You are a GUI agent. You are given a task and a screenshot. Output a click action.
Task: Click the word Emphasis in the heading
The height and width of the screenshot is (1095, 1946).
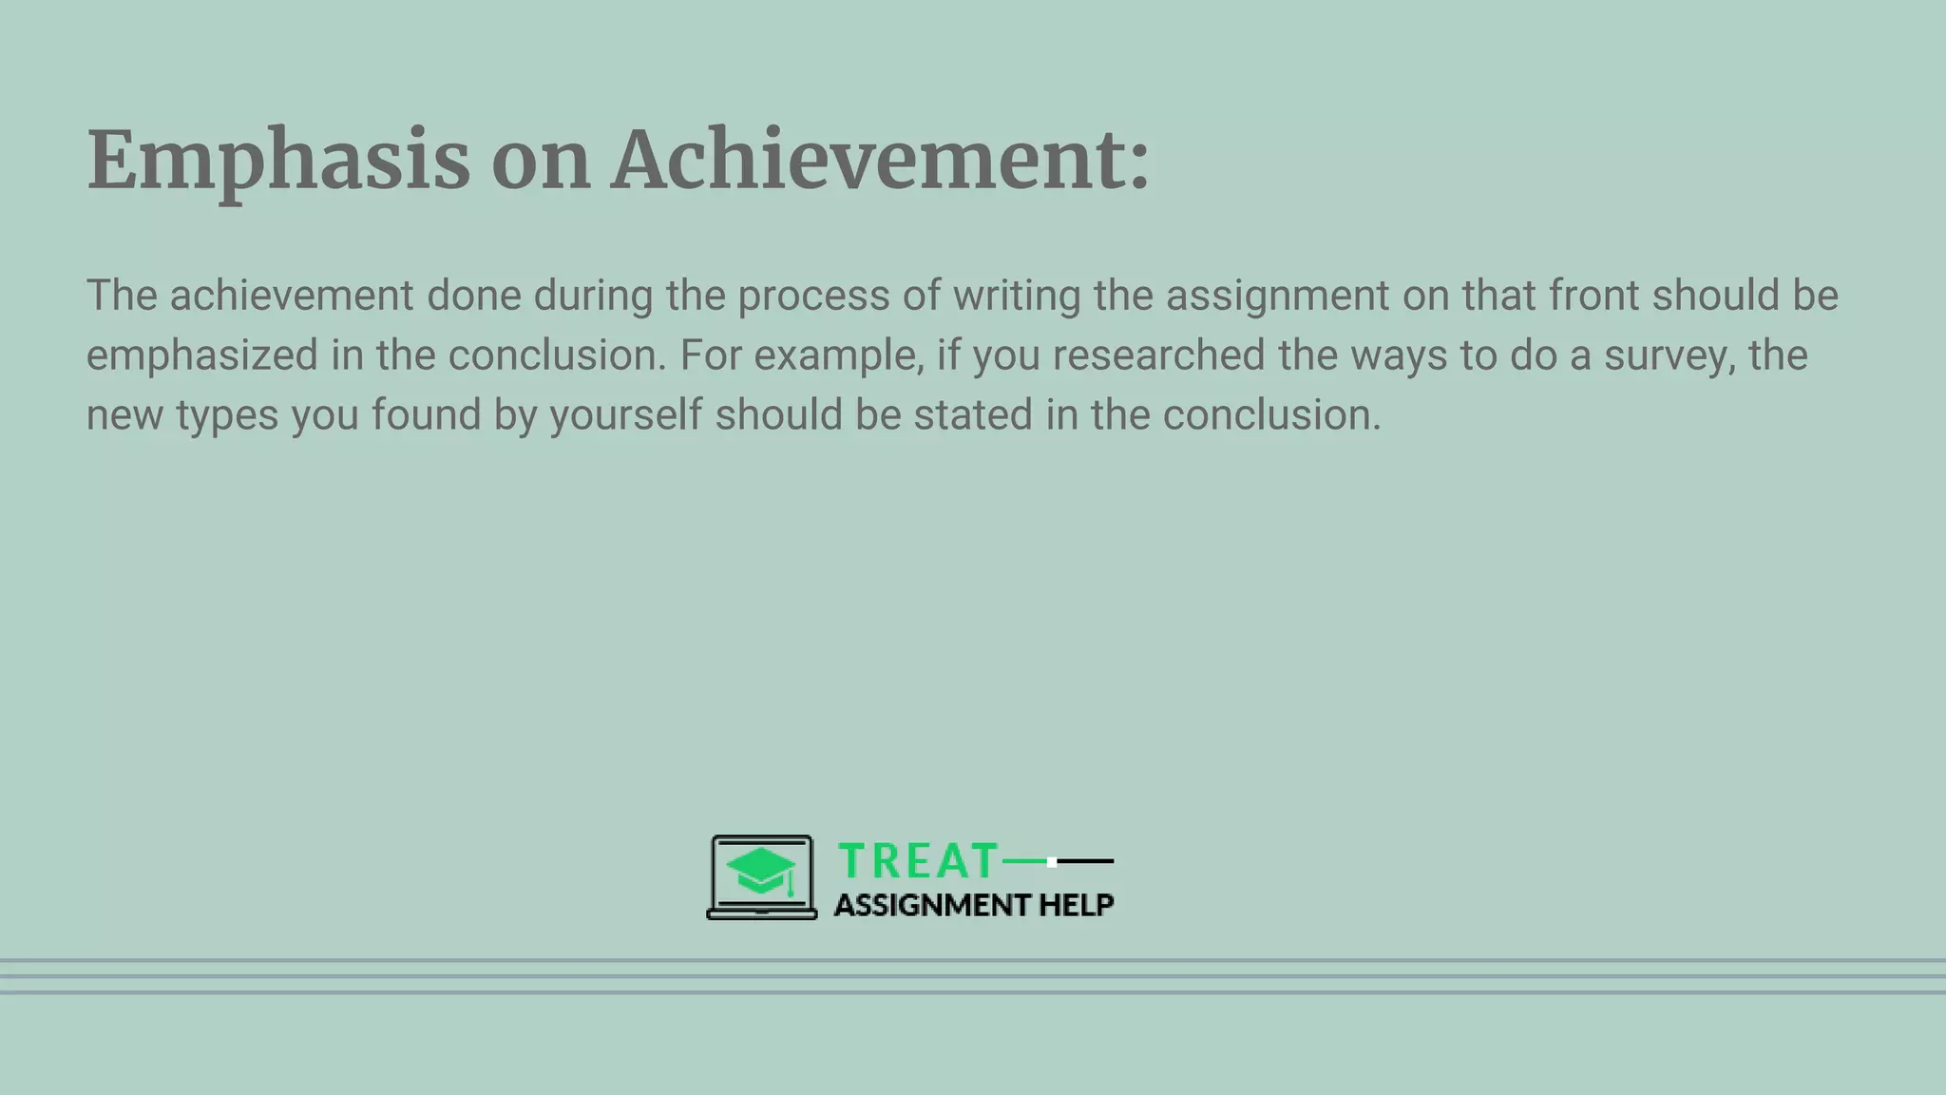click(x=278, y=161)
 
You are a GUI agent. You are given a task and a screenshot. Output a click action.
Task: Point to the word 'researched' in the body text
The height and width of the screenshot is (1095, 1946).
click(x=1159, y=355)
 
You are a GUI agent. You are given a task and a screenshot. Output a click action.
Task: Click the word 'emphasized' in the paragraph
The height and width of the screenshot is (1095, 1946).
click(x=202, y=355)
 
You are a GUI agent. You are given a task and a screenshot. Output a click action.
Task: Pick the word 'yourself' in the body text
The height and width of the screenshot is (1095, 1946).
click(x=626, y=415)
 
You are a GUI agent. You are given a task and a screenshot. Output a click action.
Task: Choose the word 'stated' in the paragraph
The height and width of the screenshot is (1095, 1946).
click(x=973, y=415)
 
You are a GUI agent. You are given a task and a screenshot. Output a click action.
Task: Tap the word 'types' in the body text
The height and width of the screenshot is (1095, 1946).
click(x=227, y=415)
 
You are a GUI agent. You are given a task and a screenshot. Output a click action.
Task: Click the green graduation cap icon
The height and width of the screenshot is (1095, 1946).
click(x=761, y=871)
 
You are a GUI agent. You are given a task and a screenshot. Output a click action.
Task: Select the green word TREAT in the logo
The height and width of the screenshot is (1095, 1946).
click(x=917, y=861)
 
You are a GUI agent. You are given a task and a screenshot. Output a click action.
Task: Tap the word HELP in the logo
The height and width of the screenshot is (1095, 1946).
click(x=1076, y=905)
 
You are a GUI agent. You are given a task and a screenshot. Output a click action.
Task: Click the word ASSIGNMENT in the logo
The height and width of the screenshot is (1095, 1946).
click(x=932, y=905)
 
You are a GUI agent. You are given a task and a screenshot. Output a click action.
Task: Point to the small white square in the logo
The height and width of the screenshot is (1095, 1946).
click(x=1052, y=862)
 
